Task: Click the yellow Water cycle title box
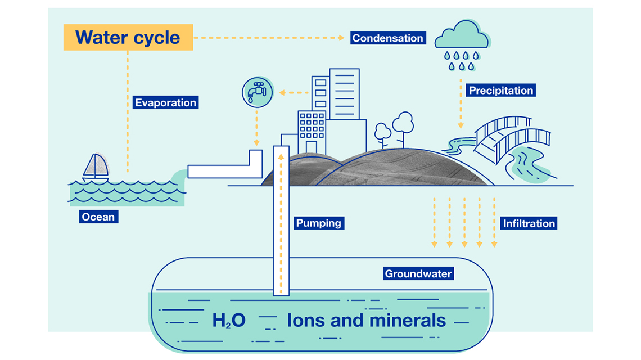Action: (x=128, y=37)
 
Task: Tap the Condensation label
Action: (x=388, y=38)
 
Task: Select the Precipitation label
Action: (x=501, y=91)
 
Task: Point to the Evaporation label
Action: (x=165, y=102)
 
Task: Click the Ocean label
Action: (x=98, y=217)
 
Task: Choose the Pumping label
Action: (x=319, y=223)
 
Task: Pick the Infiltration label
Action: (x=529, y=223)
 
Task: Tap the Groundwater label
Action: (x=418, y=274)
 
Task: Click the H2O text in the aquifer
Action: (x=229, y=320)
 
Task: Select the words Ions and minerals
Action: (x=366, y=320)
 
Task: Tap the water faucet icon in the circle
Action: (x=257, y=92)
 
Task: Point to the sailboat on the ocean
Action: (x=96, y=167)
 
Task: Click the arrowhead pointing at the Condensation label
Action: (x=341, y=38)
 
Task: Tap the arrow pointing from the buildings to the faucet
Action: (x=294, y=93)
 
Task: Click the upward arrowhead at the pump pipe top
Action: (x=281, y=157)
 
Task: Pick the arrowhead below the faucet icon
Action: (x=256, y=143)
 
